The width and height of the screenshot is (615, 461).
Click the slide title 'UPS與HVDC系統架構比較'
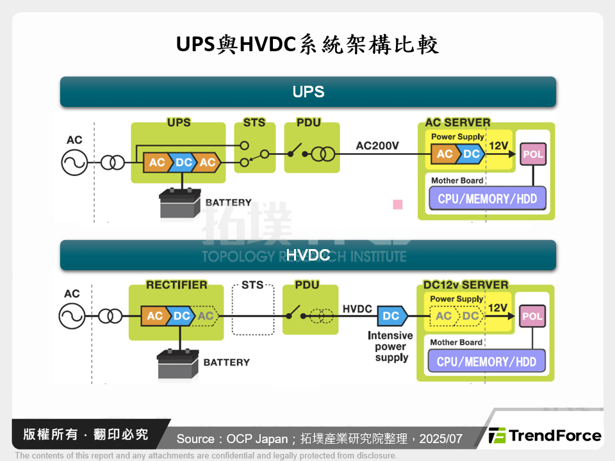pyautogui.click(x=307, y=45)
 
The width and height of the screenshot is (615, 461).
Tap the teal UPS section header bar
pyautogui.click(x=307, y=92)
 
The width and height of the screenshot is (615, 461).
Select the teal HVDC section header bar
pyautogui.click(x=307, y=255)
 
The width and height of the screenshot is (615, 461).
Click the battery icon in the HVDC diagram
pyautogui.click(x=179, y=363)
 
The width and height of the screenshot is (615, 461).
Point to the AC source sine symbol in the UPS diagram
pyautogui.click(x=74, y=163)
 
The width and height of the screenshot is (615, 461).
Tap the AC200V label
pyautogui.click(x=377, y=146)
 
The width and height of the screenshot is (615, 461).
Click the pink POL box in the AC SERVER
pyautogui.click(x=533, y=154)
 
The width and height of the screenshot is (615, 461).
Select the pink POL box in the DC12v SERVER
pyautogui.click(x=532, y=316)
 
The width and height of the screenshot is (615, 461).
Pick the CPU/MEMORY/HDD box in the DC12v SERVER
pyautogui.click(x=486, y=361)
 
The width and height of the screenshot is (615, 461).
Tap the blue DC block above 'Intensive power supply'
pyautogui.click(x=391, y=316)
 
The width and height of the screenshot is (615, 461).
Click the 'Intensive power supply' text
pyautogui.click(x=390, y=346)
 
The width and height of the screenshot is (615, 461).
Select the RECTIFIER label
pyautogui.click(x=177, y=285)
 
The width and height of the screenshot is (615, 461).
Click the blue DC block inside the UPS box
pyautogui.click(x=183, y=163)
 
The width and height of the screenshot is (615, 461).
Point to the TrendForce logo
pyautogui.click(x=545, y=436)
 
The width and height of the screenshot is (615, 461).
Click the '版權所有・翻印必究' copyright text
pyautogui.click(x=86, y=435)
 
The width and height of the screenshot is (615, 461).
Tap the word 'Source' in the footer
pyautogui.click(x=195, y=439)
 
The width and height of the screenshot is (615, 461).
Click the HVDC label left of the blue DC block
pyautogui.click(x=357, y=309)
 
